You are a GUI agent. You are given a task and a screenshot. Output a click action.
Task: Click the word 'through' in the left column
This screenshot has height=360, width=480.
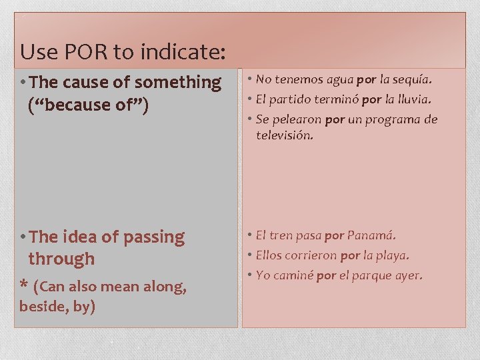click(x=61, y=259)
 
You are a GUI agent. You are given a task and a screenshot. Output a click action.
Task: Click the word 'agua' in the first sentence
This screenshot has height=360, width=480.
click(x=340, y=80)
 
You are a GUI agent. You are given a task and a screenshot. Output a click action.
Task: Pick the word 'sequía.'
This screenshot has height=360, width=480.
click(x=413, y=80)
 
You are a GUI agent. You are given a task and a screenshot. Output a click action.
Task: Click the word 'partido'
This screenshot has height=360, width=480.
click(x=291, y=99)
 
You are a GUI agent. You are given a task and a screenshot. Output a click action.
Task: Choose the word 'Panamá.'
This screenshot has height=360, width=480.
click(x=371, y=235)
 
